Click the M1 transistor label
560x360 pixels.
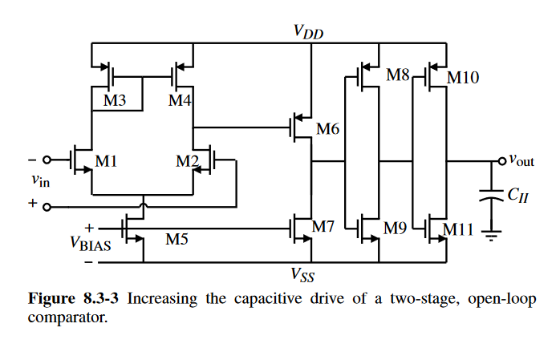click(x=107, y=161)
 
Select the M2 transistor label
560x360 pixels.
click(x=188, y=161)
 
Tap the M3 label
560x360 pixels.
click(x=116, y=101)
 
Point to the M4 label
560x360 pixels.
click(x=179, y=101)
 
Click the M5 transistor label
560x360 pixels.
click(x=177, y=238)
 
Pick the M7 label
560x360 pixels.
click(x=323, y=227)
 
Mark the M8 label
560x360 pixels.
click(x=398, y=75)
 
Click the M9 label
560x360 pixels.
click(x=396, y=228)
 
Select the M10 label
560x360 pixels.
click(x=462, y=78)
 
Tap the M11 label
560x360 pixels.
click(x=461, y=230)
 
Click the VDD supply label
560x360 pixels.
click(x=309, y=31)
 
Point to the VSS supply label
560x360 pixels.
click(x=302, y=276)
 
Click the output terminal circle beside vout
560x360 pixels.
click(x=502, y=160)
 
